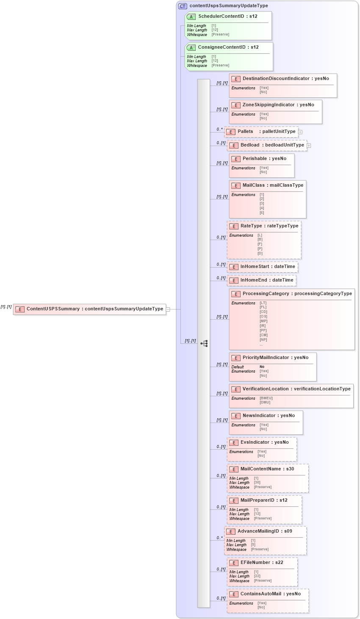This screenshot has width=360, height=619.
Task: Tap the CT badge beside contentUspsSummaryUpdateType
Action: [x=183, y=6]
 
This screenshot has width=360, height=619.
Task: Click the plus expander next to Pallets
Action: [x=300, y=132]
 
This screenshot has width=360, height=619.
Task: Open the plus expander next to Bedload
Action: [x=309, y=146]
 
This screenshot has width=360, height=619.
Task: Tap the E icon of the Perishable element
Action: [x=236, y=159]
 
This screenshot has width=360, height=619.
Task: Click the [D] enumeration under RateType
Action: [x=260, y=253]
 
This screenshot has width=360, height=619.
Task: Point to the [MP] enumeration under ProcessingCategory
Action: [x=263, y=321]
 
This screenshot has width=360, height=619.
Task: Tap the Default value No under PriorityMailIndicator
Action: [x=262, y=367]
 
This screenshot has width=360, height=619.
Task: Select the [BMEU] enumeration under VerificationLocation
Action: [x=266, y=398]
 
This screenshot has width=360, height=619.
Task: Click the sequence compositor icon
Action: [x=204, y=343]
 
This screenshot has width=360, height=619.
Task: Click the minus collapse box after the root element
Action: [x=168, y=309]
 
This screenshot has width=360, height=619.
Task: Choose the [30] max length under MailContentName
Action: [x=257, y=483]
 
